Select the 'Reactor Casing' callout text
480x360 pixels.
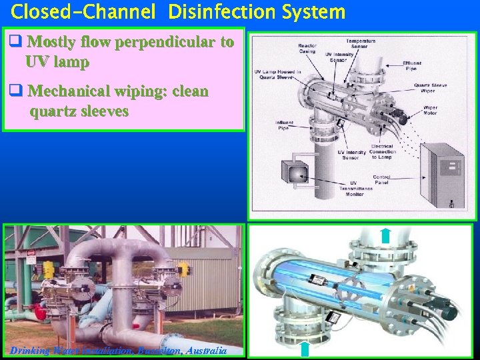[x=307, y=49]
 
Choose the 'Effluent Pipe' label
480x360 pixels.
[x=411, y=65]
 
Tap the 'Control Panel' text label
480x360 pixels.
[x=381, y=180]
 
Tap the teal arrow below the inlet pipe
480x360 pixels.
[x=305, y=349]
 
